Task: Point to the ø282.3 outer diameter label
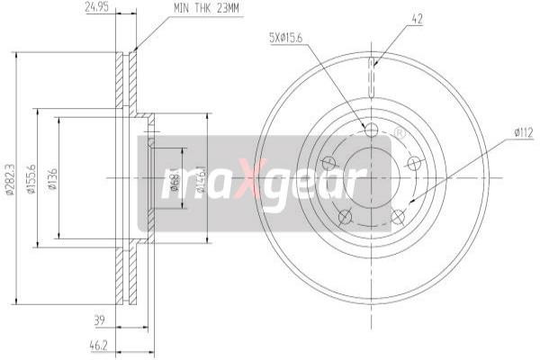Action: coord(9,177)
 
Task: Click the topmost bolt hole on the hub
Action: coord(372,130)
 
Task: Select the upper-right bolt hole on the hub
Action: coord(414,163)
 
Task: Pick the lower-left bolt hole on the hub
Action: coord(344,215)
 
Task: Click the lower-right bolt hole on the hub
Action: coord(398,215)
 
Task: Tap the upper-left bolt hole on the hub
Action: coord(328,163)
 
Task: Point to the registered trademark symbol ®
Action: coord(400,134)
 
